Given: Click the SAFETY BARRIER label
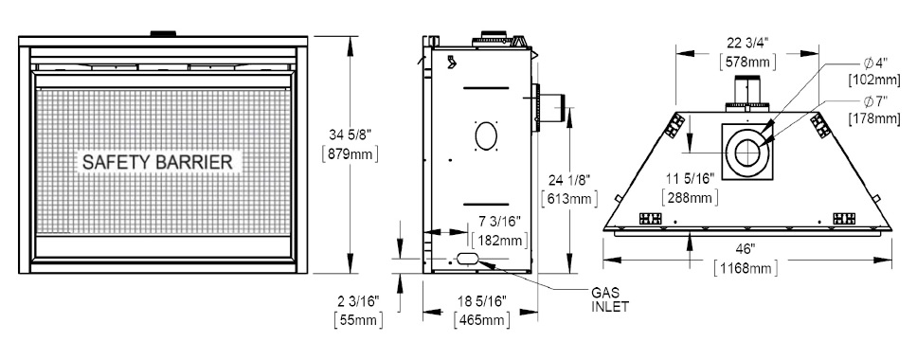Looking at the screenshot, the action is click(157, 162).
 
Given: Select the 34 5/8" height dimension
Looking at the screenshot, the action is click(351, 135).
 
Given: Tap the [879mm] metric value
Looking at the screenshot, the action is click(351, 153).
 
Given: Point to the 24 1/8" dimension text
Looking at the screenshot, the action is click(569, 180).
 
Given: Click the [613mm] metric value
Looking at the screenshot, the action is click(569, 199).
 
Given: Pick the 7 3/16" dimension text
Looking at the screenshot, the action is click(499, 221).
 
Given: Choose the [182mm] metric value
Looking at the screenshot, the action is click(499, 240).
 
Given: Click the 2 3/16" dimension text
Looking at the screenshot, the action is click(358, 301).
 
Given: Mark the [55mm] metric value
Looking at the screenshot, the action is click(358, 320).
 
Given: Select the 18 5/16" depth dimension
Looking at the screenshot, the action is click(481, 301).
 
